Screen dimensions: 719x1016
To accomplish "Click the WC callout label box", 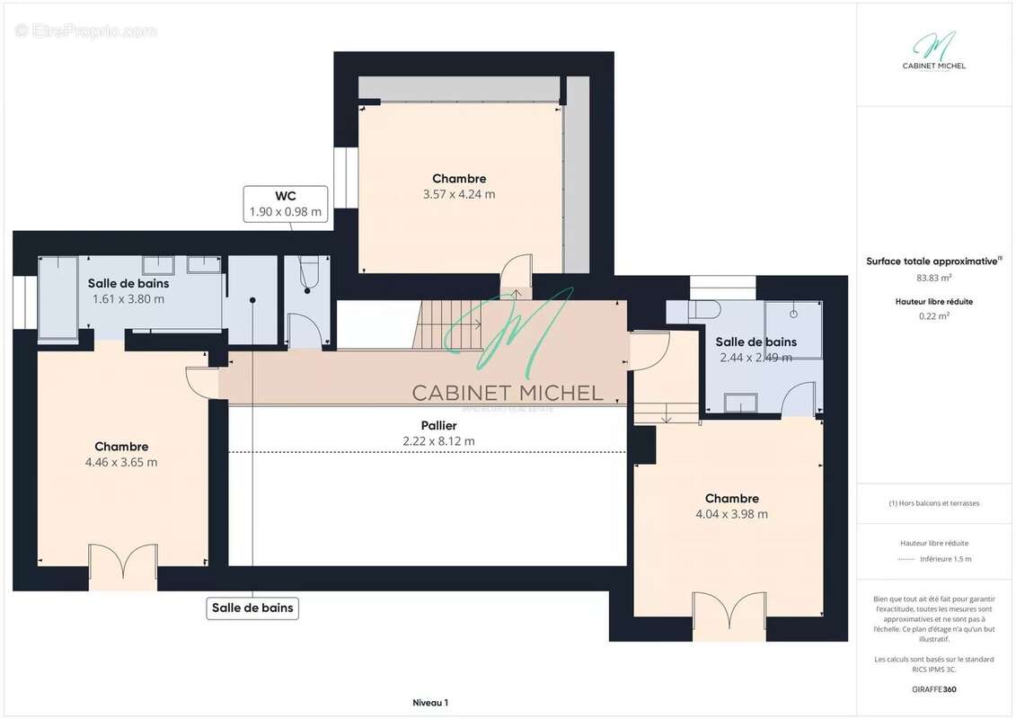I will coord(286,204).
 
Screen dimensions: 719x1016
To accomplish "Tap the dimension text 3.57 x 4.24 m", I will coord(459,194).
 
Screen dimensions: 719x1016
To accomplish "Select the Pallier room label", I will coord(438,425).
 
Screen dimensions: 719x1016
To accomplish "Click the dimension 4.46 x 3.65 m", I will coord(121,463).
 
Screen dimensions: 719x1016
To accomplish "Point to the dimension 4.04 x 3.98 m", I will coord(731,514).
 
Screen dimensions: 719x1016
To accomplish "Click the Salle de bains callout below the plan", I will coord(252,608).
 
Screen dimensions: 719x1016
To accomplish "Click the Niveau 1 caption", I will coord(429,703).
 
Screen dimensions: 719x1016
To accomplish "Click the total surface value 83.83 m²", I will coord(934,278).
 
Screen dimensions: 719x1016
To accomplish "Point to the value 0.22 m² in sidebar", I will coord(934,315).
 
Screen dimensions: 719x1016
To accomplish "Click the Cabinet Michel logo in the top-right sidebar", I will coord(934,51).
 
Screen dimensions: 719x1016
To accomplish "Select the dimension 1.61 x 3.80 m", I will coord(128,299).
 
